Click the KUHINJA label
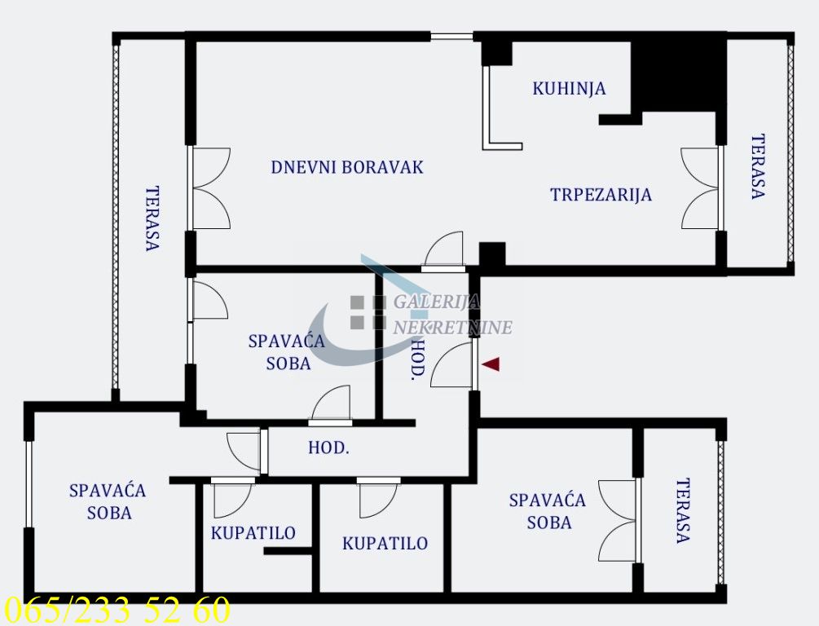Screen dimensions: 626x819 coord(569,88)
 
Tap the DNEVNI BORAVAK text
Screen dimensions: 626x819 coord(347,167)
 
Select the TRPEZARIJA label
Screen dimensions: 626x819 coord(601,195)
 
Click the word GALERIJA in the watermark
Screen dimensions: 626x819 coord(436,302)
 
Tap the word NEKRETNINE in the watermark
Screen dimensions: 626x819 coord(453,328)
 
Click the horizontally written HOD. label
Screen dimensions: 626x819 coord(328,447)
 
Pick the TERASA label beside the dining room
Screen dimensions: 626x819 coord(758,166)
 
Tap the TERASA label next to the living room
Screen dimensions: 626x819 coord(152,218)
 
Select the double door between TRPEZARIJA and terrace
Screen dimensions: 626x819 coord(702,188)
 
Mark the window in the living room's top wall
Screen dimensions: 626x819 coord(451,37)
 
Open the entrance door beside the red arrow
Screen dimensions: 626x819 coord(452,364)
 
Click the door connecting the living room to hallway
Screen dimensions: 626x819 coord(444,251)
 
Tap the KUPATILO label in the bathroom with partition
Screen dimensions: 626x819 coord(253,533)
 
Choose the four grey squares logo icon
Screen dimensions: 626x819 coord(368,312)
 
